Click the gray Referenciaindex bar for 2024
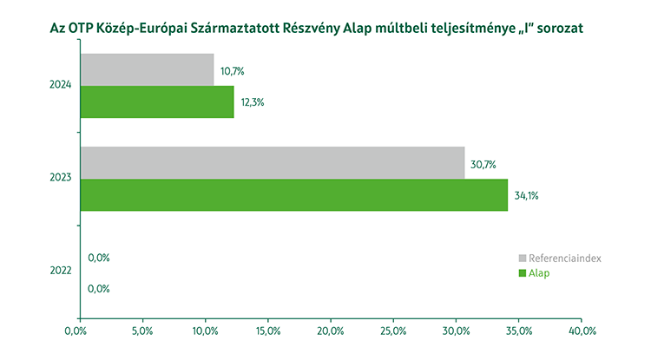click(x=147, y=69)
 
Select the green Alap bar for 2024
click(x=157, y=101)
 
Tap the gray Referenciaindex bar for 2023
click(x=273, y=163)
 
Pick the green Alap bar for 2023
click(x=294, y=195)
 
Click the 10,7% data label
click(x=232, y=70)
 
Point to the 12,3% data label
click(x=252, y=102)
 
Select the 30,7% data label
click(x=483, y=164)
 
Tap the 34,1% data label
click(x=526, y=196)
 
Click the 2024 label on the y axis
click(x=61, y=85)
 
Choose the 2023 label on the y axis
click(x=61, y=179)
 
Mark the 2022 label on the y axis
click(x=61, y=272)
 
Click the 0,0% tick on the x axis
click(x=79, y=331)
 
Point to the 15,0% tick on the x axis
click(x=268, y=331)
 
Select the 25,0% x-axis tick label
click(x=394, y=331)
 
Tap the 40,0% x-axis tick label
click(x=582, y=331)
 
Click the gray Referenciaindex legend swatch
click(x=523, y=259)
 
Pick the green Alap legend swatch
click(x=523, y=273)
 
